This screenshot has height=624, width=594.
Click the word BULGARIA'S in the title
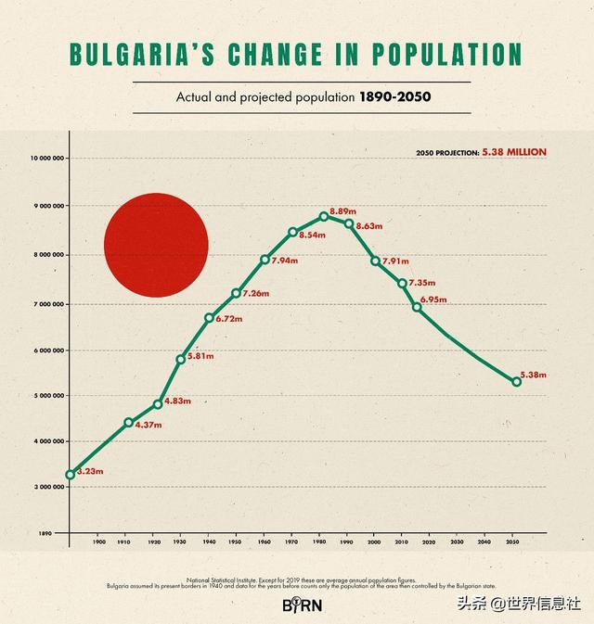tap(136, 54)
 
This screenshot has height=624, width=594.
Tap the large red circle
tap(156, 245)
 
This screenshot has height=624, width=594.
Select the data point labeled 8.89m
tap(324, 216)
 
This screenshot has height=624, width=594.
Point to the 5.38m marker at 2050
tap(517, 381)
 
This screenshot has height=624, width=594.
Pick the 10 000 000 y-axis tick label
tap(46, 158)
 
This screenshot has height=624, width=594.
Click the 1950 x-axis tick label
tap(237, 542)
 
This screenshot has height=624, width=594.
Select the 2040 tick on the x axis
tap(484, 542)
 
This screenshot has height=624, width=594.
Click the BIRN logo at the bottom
tap(296, 604)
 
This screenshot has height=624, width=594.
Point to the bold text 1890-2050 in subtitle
tap(394, 96)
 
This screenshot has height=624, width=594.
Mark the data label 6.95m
tap(433, 299)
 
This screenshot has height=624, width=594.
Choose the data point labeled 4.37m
tap(129, 422)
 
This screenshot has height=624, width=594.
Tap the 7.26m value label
tap(255, 293)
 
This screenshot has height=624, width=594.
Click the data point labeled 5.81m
tap(181, 359)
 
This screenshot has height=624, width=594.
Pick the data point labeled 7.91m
tap(376, 261)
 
